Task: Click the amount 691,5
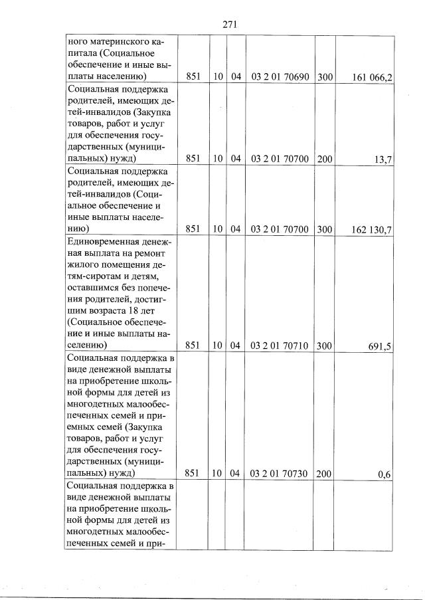(x=380, y=346)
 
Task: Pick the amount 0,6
(x=384, y=474)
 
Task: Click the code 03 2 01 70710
(x=280, y=346)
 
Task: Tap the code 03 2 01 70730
(x=280, y=474)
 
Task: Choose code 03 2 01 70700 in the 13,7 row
(x=280, y=159)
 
